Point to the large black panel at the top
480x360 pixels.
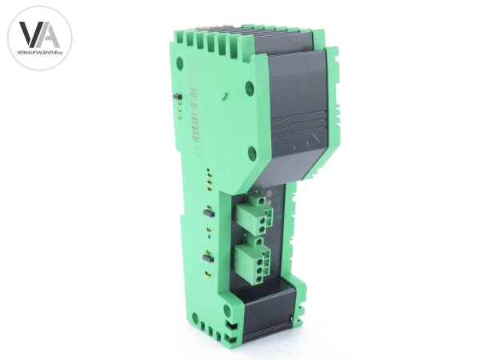pyautogui.click(x=293, y=96)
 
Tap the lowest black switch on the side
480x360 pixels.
pyautogui.click(x=207, y=258)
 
